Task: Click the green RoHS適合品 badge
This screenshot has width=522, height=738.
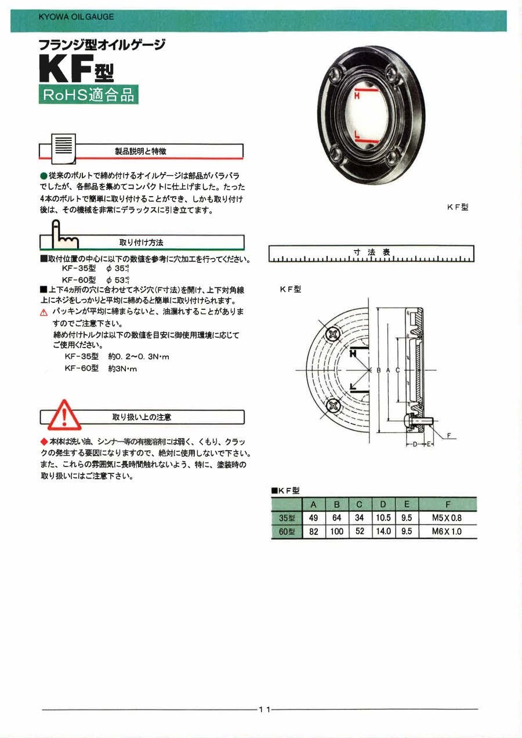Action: point(88,95)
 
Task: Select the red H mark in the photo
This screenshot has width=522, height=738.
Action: point(357,95)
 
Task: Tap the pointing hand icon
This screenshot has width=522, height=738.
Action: point(63,234)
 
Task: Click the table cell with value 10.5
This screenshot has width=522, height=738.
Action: point(383,518)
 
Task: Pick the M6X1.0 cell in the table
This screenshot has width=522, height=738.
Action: point(447,531)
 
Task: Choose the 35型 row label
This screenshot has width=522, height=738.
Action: point(287,518)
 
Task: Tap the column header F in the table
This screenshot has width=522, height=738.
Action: point(447,504)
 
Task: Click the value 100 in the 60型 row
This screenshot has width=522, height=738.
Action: point(336,531)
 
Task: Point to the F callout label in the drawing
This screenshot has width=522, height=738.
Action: point(448,436)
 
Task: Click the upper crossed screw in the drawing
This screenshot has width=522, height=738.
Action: point(333,335)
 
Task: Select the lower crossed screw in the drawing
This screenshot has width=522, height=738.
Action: point(333,406)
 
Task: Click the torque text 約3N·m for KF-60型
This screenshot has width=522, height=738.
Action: point(122,369)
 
